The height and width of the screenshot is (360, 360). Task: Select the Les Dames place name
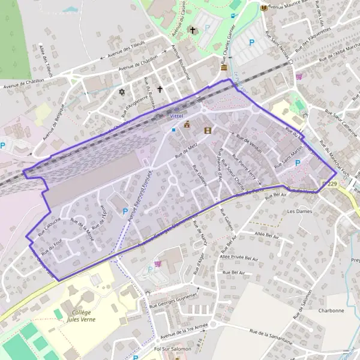pos(300,212)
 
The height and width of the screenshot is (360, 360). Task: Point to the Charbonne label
pos(331,311)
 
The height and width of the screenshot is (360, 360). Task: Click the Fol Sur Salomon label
pos(172,349)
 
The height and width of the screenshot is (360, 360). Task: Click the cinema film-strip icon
pos(208,130)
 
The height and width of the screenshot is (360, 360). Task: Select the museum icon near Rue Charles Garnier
pos(224,68)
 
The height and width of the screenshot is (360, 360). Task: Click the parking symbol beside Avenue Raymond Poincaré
pos(125,211)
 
